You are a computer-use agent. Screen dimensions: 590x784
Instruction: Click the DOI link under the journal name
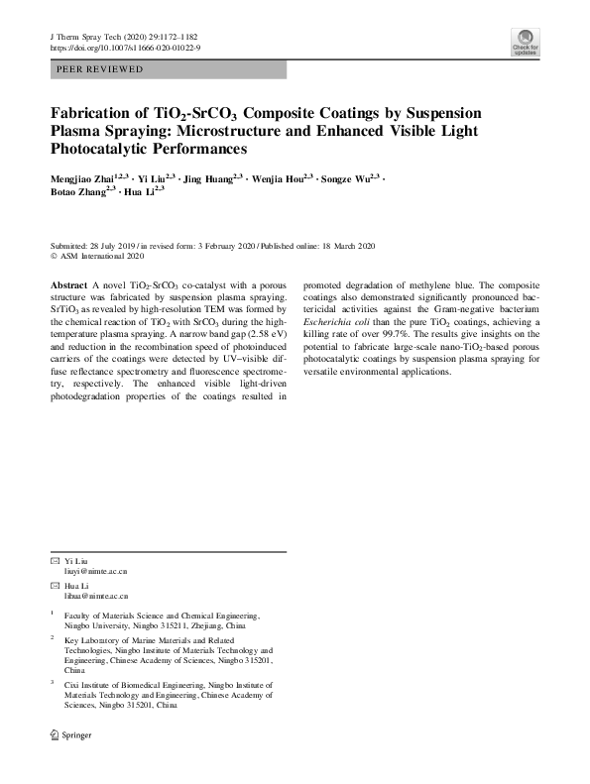[x=124, y=48]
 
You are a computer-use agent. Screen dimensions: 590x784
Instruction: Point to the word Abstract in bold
[x=68, y=283]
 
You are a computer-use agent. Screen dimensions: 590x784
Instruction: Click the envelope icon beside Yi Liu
[x=55, y=561]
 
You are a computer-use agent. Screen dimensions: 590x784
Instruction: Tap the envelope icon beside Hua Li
[x=55, y=586]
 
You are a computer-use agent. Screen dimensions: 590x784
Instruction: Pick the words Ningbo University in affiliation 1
[x=95, y=626]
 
